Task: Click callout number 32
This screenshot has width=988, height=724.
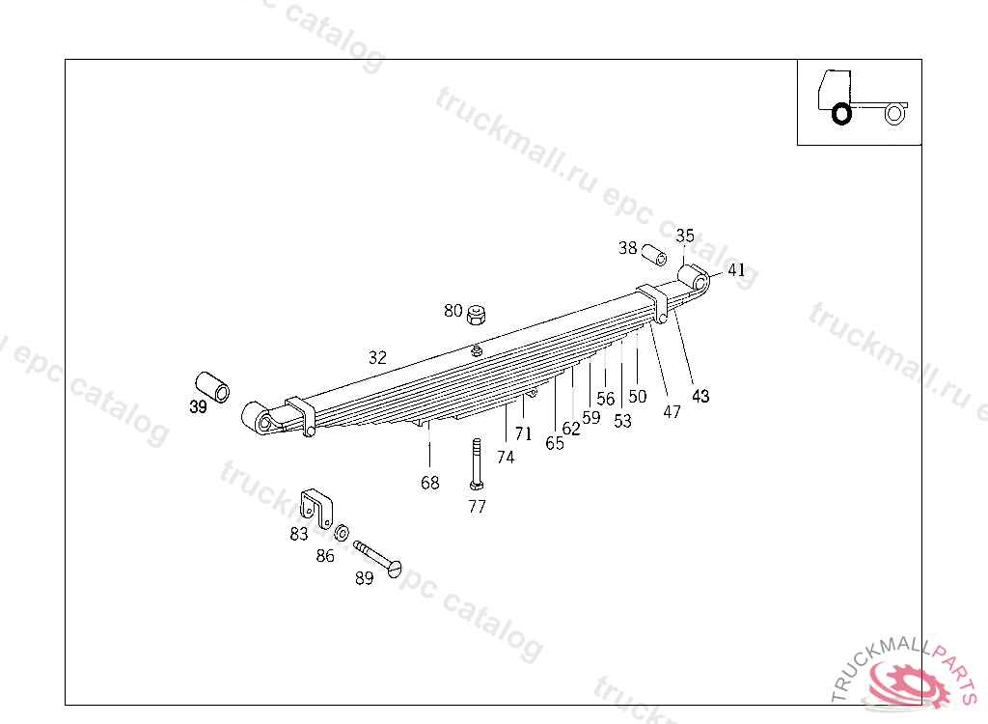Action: pyautogui.click(x=377, y=357)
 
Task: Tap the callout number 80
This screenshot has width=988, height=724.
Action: pyautogui.click(x=453, y=311)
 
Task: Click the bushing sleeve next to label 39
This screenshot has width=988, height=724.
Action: pyautogui.click(x=213, y=386)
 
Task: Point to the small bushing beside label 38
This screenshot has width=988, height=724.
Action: pyautogui.click(x=655, y=256)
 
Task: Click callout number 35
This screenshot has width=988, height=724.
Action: pyautogui.click(x=685, y=236)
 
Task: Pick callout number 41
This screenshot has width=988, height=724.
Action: pyautogui.click(x=736, y=270)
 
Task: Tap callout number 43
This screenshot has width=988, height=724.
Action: pyautogui.click(x=700, y=396)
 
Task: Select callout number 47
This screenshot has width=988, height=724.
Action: pyautogui.click(x=672, y=411)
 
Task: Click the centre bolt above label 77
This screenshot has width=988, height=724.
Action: pyautogui.click(x=477, y=464)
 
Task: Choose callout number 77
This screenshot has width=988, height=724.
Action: pyautogui.click(x=477, y=507)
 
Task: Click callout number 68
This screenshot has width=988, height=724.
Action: pyautogui.click(x=429, y=483)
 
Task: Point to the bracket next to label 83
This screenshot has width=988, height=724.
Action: pyautogui.click(x=316, y=508)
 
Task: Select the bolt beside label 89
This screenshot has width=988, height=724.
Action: pyautogui.click(x=377, y=559)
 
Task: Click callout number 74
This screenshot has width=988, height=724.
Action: pyautogui.click(x=506, y=458)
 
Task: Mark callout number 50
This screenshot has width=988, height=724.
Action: pyautogui.click(x=638, y=396)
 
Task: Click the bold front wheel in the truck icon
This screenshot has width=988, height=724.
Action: pyautogui.click(x=841, y=114)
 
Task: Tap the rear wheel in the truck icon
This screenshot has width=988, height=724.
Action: pyautogui.click(x=893, y=114)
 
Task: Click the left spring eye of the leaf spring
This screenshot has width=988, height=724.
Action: pyautogui.click(x=256, y=416)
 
